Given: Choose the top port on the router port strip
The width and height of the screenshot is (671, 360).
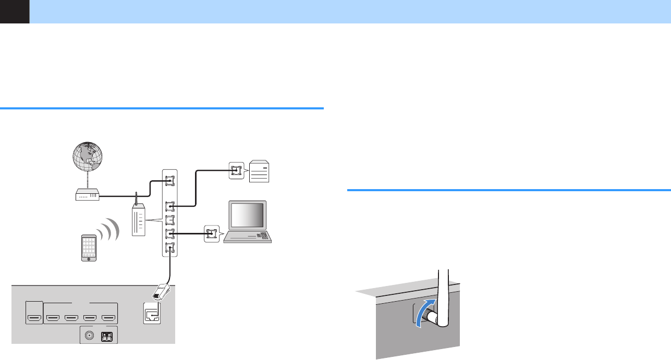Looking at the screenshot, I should click(x=169, y=181).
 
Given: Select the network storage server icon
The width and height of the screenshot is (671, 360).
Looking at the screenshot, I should click(x=261, y=170).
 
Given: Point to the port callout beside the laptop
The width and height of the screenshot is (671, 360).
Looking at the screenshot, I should click(x=211, y=233).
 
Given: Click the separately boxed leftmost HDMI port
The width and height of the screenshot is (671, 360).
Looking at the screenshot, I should click(x=33, y=316).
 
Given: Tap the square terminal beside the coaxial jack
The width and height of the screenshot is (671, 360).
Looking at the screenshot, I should click(x=107, y=336).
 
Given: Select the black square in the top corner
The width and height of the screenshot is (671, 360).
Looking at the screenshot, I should click(x=14, y=11).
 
